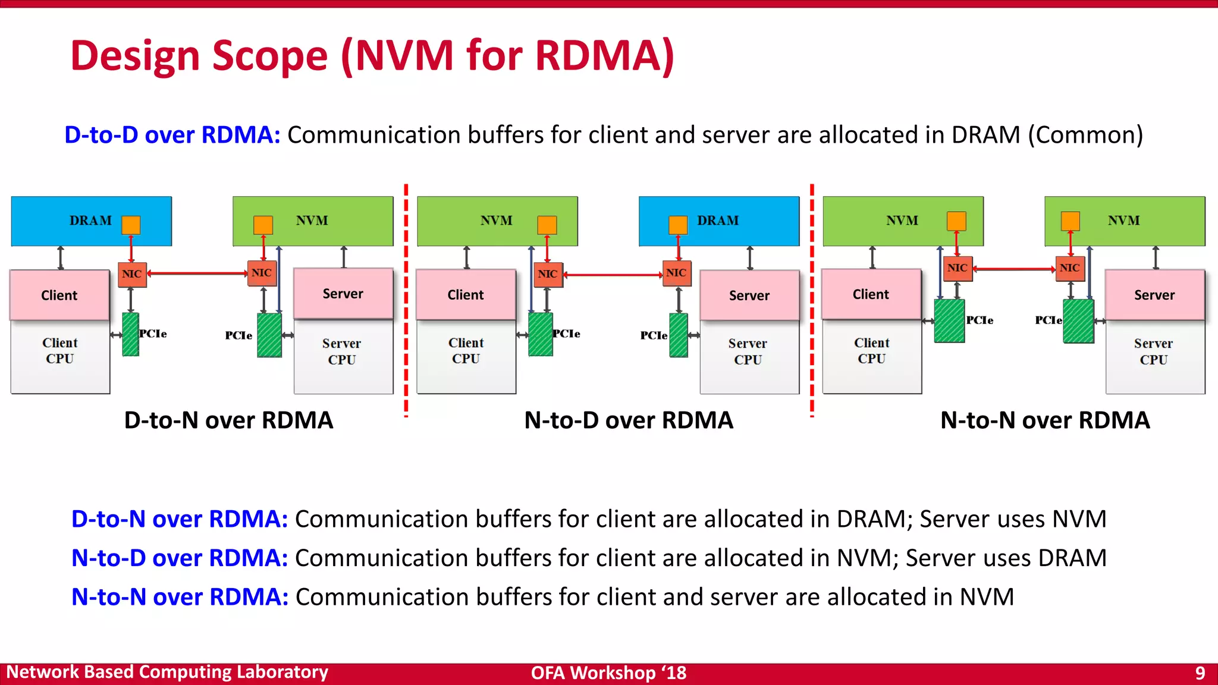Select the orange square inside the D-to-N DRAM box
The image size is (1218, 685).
coord(131,225)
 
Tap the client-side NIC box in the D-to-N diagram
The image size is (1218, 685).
coord(131,274)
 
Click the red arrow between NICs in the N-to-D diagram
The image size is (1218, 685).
coord(613,275)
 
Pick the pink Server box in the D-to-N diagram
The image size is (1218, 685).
coord(343,294)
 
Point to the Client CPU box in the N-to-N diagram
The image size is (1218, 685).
coord(871,357)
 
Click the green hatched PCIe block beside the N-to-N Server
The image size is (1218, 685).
coord(1078,321)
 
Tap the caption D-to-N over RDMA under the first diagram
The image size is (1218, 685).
coord(228,420)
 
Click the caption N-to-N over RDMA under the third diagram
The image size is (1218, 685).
coord(1045,420)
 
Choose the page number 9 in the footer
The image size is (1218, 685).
coord(1200,673)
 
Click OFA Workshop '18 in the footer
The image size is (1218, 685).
coord(608,673)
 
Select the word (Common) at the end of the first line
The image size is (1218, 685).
coord(1085,135)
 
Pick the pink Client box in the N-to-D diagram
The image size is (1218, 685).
coord(466,295)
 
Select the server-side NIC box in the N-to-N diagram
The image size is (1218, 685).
coord(1069,268)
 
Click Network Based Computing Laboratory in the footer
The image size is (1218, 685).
coord(167,672)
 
